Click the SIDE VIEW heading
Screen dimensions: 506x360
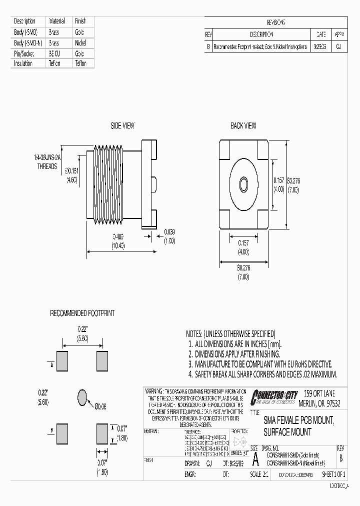(x=122, y=125)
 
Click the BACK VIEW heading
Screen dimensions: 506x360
(x=243, y=125)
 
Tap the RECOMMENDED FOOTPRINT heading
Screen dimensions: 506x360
(x=82, y=313)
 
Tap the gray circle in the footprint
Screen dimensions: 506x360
(x=82, y=397)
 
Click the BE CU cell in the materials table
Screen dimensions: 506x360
(x=54, y=53)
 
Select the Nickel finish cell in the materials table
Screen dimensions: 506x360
(x=80, y=43)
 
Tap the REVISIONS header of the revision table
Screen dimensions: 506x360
(x=275, y=22)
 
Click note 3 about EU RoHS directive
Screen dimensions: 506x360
(x=259, y=364)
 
